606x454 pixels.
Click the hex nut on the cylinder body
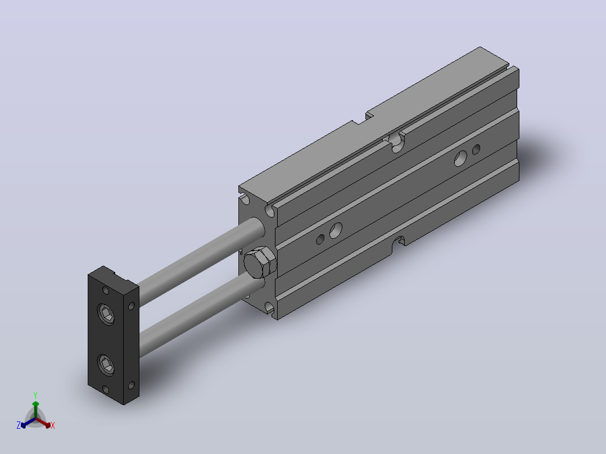[x=260, y=262]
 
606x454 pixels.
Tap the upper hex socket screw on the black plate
[x=106, y=314]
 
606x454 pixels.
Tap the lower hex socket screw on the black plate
[x=106, y=364]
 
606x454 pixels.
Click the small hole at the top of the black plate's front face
[x=106, y=290]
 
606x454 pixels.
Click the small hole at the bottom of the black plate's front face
[x=106, y=389]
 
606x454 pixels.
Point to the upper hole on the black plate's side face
[x=131, y=306]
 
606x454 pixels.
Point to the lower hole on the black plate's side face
[x=131, y=385]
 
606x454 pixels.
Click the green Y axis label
[x=35, y=395]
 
